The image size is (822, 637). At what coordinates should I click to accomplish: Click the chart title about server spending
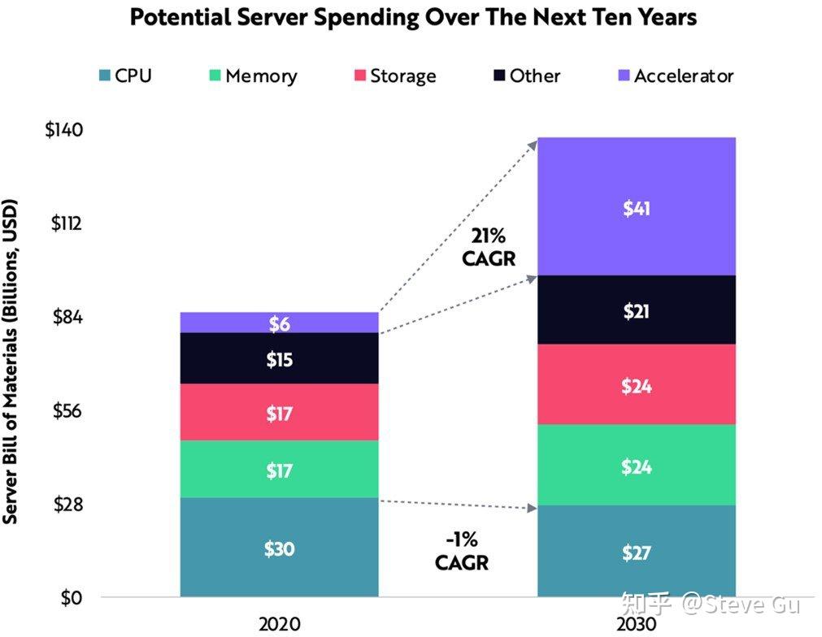click(x=413, y=18)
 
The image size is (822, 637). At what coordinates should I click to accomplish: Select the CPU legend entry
click(x=124, y=76)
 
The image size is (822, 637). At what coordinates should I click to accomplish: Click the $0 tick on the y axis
click(x=72, y=598)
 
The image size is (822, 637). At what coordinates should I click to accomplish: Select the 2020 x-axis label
click(x=279, y=624)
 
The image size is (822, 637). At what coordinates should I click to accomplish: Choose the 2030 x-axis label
click(x=637, y=624)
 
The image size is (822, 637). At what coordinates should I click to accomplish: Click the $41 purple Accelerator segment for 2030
click(x=637, y=207)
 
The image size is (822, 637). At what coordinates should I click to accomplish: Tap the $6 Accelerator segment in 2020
click(x=279, y=323)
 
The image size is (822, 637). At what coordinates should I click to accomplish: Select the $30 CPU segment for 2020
click(x=279, y=548)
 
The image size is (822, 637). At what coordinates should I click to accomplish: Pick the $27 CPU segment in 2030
click(x=637, y=552)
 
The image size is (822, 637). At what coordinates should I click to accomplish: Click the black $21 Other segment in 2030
click(x=637, y=310)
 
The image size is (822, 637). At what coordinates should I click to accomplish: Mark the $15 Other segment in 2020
click(x=279, y=358)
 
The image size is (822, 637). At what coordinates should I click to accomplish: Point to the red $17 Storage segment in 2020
click(x=279, y=413)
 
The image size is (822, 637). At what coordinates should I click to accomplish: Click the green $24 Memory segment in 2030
click(x=637, y=466)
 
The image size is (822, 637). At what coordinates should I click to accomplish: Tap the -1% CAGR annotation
click(x=461, y=551)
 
